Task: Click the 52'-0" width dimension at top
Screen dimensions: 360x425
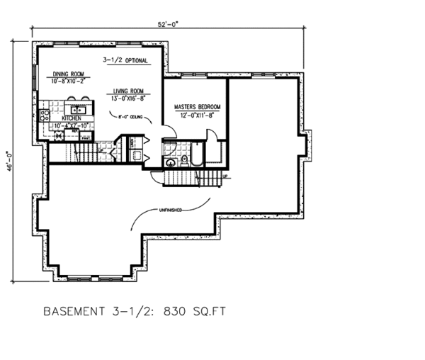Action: [168, 23]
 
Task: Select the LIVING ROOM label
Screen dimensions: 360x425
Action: [127, 91]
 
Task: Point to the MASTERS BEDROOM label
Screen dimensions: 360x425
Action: [193, 107]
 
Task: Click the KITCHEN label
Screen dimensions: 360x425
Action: [72, 118]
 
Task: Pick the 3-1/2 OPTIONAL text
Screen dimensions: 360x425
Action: [125, 61]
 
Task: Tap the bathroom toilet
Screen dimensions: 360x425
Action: [184, 161]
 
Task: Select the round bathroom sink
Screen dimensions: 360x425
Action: [170, 162]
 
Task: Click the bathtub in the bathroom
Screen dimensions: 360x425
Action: [196, 154]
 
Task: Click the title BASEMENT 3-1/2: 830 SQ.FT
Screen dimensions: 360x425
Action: [135, 311]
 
